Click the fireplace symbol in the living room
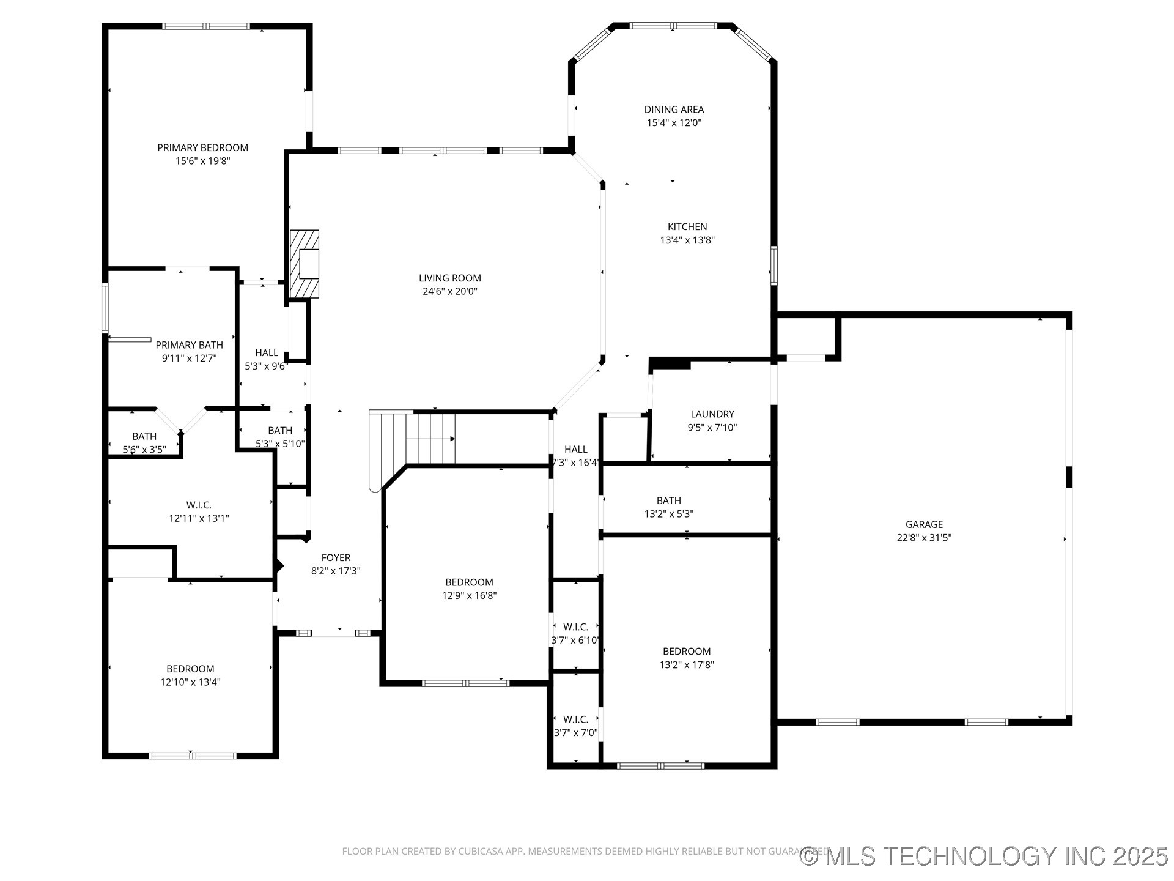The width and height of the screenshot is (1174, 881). coord(304,264)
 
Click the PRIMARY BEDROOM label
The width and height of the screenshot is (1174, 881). coord(202,147)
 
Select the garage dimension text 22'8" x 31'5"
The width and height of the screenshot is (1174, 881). coord(924,538)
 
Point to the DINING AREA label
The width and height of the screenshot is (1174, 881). coord(674,110)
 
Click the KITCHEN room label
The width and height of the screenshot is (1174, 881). coord(687,227)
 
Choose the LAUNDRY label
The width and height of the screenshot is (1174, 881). coord(712,414)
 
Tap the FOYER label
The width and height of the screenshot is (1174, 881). coord(336,557)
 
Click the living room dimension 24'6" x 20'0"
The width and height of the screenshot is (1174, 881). coord(449,291)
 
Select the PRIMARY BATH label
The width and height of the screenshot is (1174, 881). coord(189,345)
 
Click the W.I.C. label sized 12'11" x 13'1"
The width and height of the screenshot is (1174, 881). coord(199,505)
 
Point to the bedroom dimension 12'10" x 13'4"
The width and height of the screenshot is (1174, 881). coord(190,682)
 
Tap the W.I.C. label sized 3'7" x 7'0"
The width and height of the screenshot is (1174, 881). coord(575,719)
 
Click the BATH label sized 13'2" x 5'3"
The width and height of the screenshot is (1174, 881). coord(668,500)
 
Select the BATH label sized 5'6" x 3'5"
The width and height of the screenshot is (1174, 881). coord(144,436)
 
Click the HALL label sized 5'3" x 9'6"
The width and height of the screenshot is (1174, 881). coord(266,353)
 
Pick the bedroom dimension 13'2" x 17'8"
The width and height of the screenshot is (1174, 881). coord(686,665)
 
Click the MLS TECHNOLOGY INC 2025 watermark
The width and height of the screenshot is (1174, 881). coord(984,856)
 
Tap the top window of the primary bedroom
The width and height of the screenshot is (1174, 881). coord(206,26)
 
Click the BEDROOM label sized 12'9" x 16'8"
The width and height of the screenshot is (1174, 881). coord(469,582)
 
